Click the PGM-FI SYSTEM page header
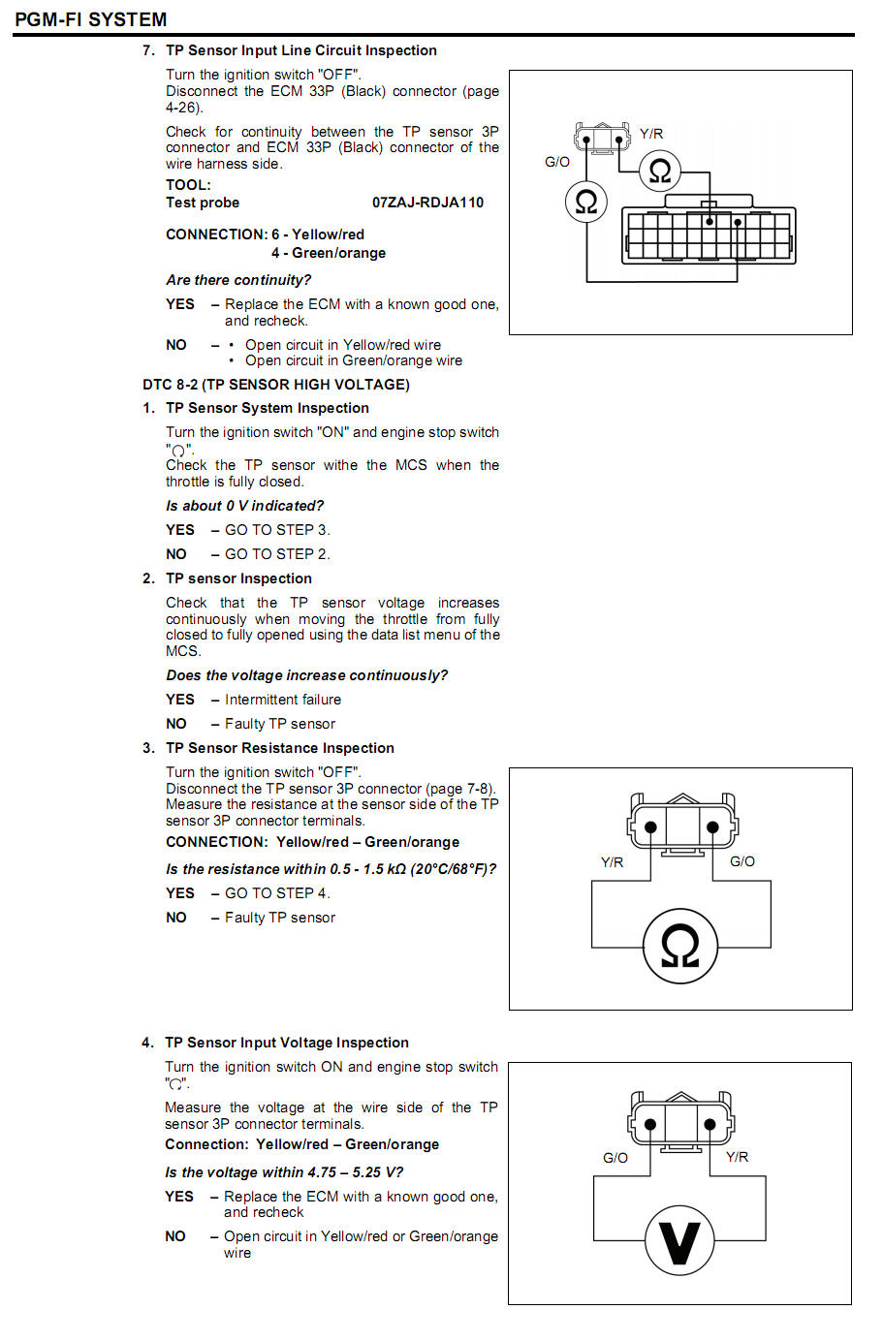[x=90, y=19]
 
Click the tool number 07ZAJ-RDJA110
[x=427, y=203]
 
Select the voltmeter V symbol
[x=679, y=1241]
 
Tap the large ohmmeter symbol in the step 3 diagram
[x=679, y=947]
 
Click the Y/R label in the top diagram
[x=651, y=134]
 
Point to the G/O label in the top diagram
[x=557, y=162]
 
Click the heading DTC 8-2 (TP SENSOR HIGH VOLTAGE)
[x=275, y=385]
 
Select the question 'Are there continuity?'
[x=238, y=280]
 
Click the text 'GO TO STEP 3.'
[x=277, y=530]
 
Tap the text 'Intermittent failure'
[x=283, y=700]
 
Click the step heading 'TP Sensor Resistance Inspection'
[x=279, y=748]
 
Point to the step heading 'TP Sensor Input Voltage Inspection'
[x=286, y=1043]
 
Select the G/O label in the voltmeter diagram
[x=615, y=1157]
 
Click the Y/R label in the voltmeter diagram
[x=737, y=1157]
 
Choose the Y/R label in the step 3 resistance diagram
[x=613, y=862]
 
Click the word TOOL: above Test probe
[x=188, y=185]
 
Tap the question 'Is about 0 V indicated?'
[x=244, y=506]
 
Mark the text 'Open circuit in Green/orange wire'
[x=354, y=360]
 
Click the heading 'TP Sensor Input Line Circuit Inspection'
[x=300, y=50]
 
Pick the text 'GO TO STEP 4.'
[x=277, y=893]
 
